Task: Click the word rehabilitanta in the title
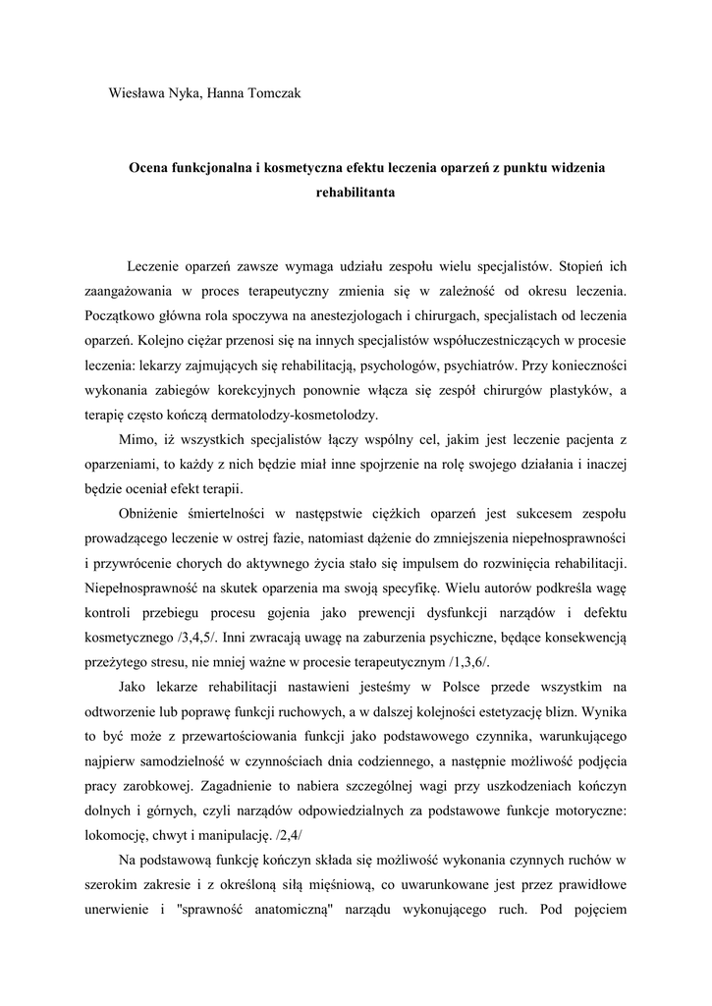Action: tap(356, 194)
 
